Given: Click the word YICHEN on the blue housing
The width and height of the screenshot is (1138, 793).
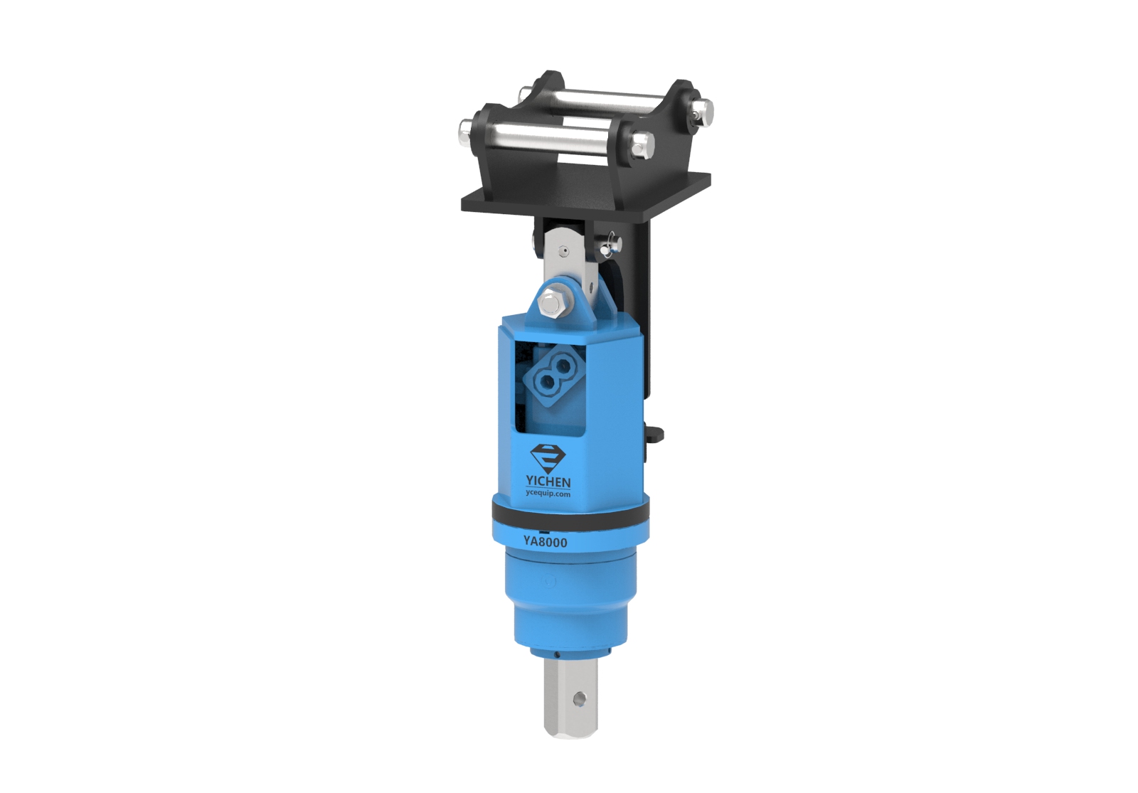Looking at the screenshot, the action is tap(549, 481).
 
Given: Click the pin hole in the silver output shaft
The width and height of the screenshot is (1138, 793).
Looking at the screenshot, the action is tap(578, 700).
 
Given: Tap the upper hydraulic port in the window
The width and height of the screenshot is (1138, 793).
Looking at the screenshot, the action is tap(562, 364).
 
